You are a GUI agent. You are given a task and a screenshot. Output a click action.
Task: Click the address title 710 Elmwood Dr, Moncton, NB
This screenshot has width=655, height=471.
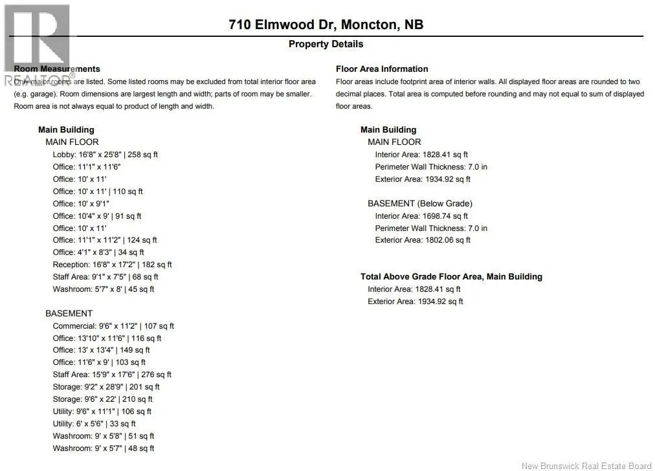[326, 25]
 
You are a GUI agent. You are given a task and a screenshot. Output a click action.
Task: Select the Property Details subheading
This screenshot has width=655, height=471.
[326, 44]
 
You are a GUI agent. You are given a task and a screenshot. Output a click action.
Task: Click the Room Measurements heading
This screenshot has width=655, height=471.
[57, 69]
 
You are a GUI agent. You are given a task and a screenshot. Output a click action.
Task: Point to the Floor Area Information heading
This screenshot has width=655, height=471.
[382, 69]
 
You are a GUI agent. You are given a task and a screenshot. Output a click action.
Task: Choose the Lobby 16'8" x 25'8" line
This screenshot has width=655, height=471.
[105, 155]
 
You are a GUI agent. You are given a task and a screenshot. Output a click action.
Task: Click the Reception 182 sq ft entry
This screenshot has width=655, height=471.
[112, 265]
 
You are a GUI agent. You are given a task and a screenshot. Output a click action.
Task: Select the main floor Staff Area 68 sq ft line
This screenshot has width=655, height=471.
[105, 277]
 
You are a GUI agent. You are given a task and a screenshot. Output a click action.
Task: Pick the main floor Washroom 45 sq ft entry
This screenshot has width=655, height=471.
[104, 289]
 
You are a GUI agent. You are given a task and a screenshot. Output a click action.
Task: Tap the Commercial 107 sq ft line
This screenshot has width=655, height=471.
[113, 326]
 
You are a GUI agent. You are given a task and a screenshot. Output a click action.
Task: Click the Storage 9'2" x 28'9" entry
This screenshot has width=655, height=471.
[106, 387]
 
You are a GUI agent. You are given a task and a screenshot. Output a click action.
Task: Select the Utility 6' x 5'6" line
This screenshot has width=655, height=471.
[94, 424]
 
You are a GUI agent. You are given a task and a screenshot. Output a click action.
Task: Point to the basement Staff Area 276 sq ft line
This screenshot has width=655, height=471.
[112, 375]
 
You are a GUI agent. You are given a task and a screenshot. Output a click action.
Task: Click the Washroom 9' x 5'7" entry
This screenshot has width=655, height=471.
[104, 448]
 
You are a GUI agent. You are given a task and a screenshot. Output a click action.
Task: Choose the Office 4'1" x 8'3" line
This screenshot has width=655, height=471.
[98, 252]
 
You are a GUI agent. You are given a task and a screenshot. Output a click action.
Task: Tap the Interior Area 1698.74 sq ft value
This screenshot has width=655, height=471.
[421, 216]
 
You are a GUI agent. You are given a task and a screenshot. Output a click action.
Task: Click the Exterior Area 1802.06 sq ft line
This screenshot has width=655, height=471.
[423, 240]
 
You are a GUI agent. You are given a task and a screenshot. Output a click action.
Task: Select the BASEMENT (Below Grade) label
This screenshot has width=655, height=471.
[420, 203]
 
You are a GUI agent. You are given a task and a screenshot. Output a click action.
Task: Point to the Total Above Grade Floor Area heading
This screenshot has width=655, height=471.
[451, 276]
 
